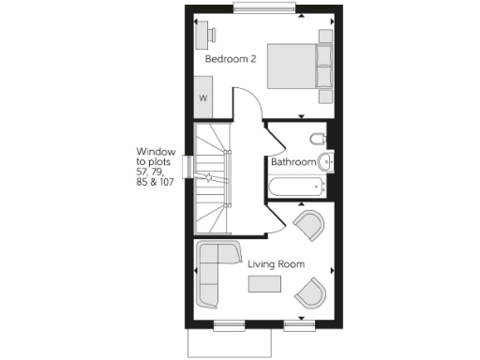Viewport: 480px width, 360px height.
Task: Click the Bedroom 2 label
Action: tap(231, 59)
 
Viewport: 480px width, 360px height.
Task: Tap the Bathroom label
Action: tap(292, 162)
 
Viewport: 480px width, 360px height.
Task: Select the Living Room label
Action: tap(276, 264)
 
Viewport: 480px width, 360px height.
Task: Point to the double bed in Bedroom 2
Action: tap(299, 67)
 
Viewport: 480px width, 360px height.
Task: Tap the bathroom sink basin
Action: tap(324, 162)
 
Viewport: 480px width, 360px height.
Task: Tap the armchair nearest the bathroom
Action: tap(308, 226)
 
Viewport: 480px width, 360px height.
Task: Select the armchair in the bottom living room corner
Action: tap(308, 294)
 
